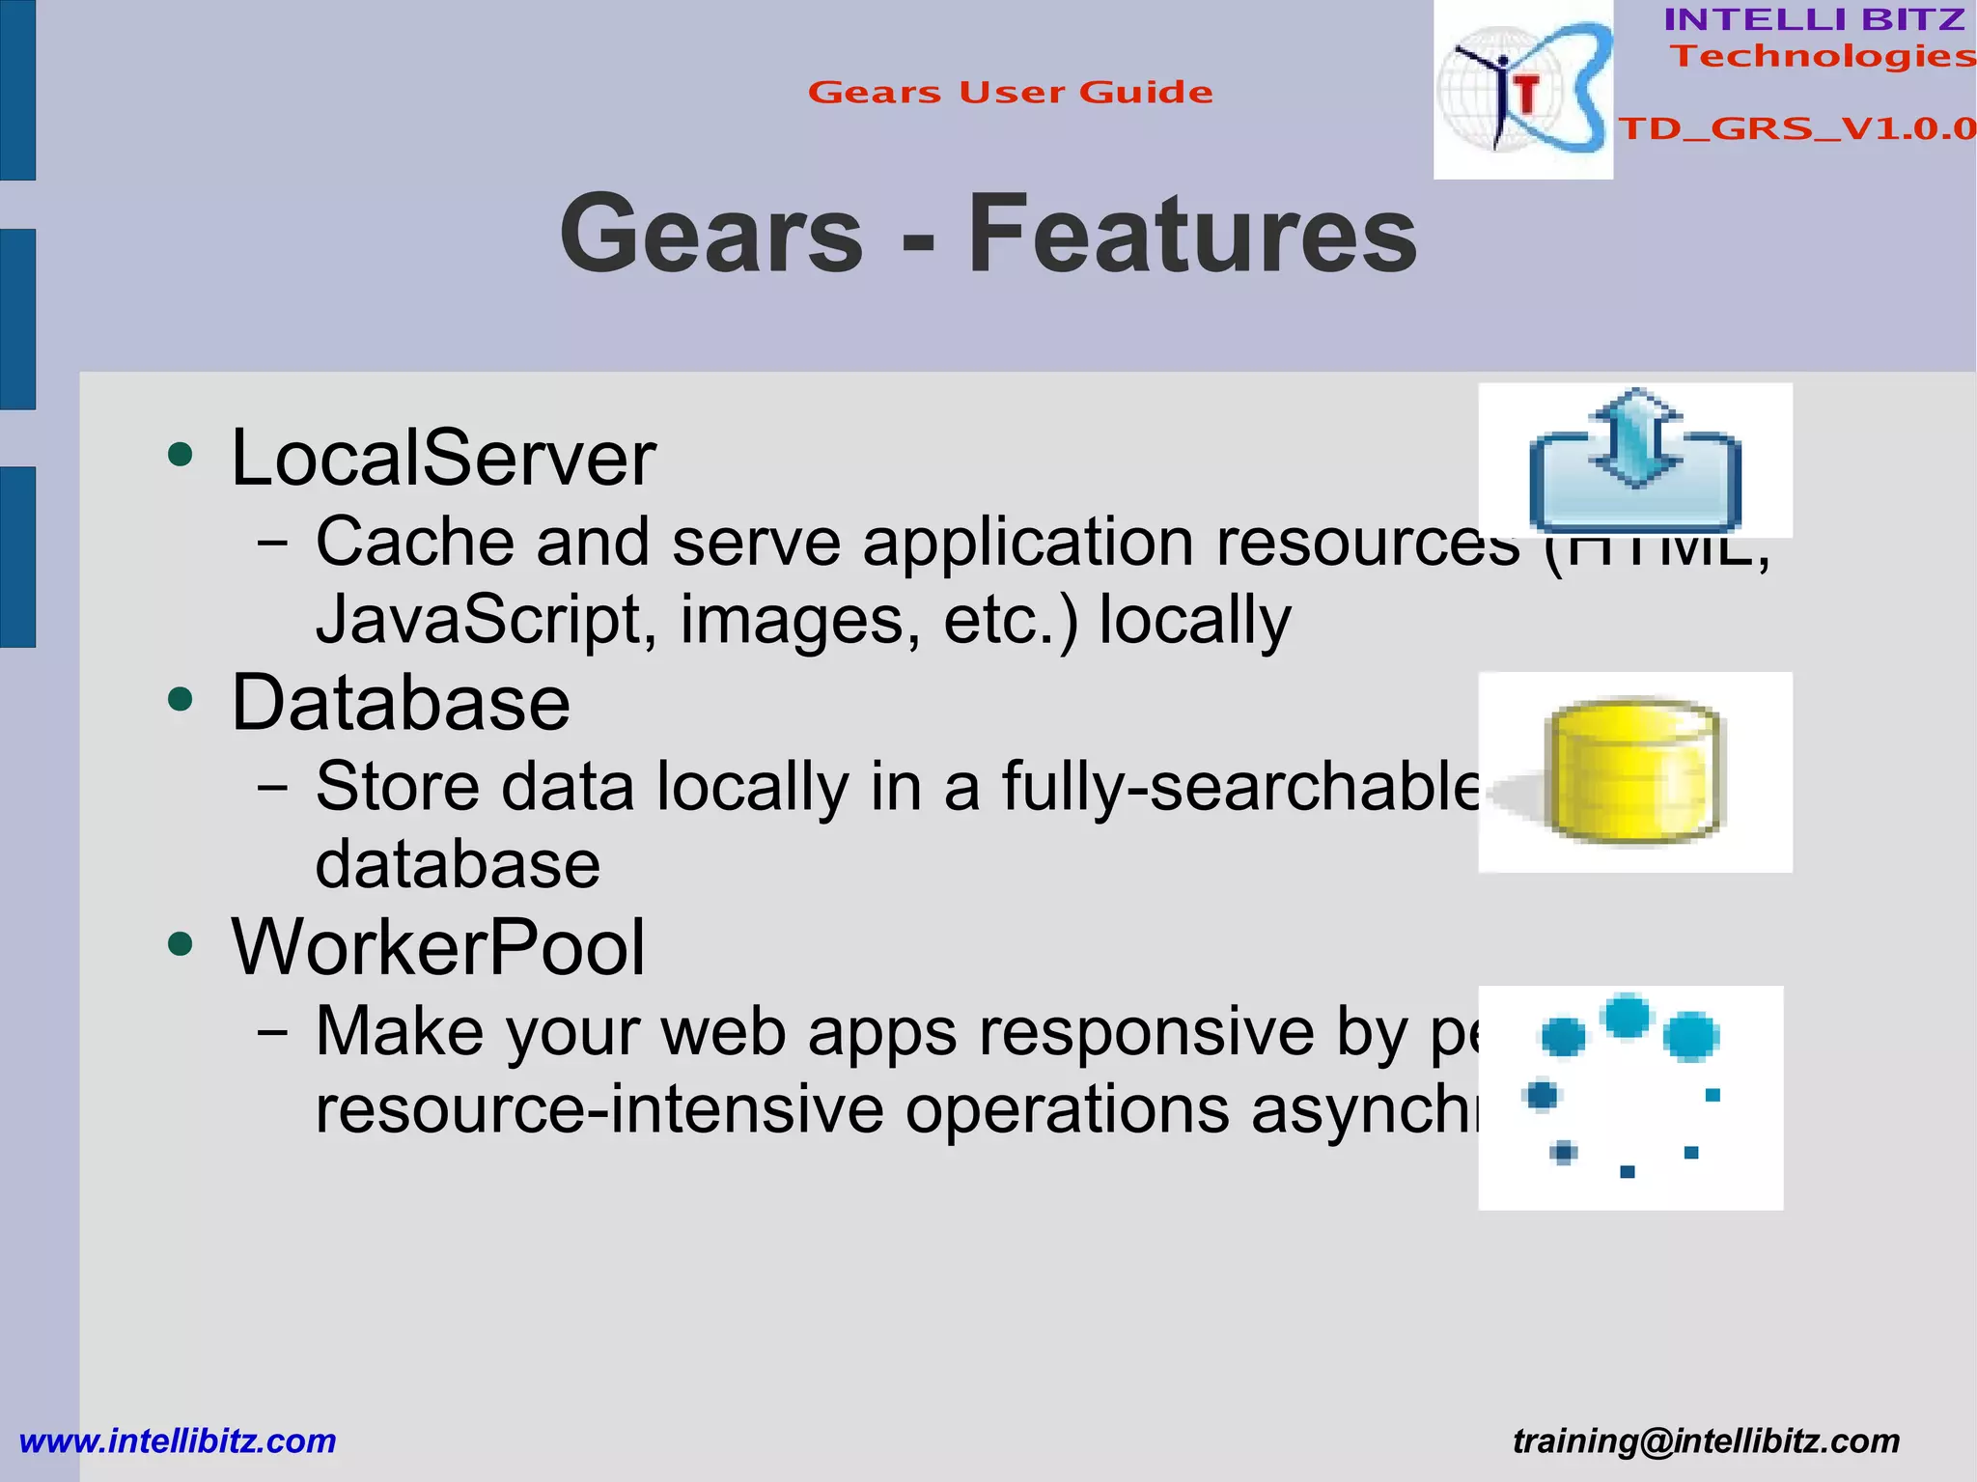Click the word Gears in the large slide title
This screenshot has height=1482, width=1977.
pos(711,234)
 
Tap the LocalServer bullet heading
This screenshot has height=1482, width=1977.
pos(443,458)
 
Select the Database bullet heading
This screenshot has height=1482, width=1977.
pos(401,702)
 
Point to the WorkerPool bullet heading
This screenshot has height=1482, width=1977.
pos(438,947)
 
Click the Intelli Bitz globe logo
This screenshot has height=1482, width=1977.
pos(1522,90)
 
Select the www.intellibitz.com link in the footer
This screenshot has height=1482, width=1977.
pos(178,1440)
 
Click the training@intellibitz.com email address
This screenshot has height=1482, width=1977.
pos(1706,1440)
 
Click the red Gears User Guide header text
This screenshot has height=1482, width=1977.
pos(1010,93)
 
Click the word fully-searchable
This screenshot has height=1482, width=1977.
pos(1239,786)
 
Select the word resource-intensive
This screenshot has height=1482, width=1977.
pos(599,1108)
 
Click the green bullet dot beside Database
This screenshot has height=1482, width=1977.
pos(181,698)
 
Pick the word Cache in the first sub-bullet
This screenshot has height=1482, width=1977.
pos(415,541)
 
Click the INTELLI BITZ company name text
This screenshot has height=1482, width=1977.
pos(1814,19)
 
